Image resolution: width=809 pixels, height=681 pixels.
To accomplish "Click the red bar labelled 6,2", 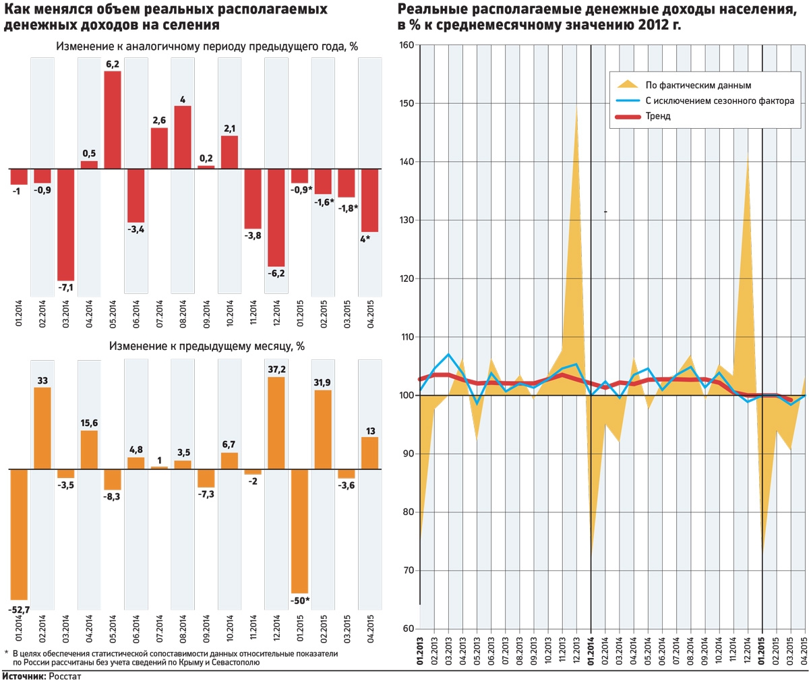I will [x=113, y=119].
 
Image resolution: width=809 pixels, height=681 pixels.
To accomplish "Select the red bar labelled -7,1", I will [x=65, y=224].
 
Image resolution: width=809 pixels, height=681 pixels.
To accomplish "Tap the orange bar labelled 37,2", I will [x=276, y=423].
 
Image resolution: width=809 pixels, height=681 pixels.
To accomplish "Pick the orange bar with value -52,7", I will [x=19, y=534].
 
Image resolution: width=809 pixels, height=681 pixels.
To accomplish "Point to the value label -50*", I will [x=299, y=600].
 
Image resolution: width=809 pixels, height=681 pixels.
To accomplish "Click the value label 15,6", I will [x=89, y=423].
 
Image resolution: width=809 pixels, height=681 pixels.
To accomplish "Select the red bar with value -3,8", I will [x=253, y=198].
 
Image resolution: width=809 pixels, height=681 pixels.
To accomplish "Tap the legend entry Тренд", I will [x=657, y=117].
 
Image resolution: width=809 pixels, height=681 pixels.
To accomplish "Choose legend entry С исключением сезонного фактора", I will [x=719, y=101].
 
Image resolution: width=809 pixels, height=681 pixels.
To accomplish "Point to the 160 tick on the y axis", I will [x=406, y=45].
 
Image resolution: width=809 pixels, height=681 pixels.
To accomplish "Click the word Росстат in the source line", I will [x=65, y=676].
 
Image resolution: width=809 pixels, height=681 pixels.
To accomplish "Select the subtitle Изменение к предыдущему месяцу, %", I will [x=207, y=347].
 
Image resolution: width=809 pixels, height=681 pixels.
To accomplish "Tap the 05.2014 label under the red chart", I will [x=113, y=314].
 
